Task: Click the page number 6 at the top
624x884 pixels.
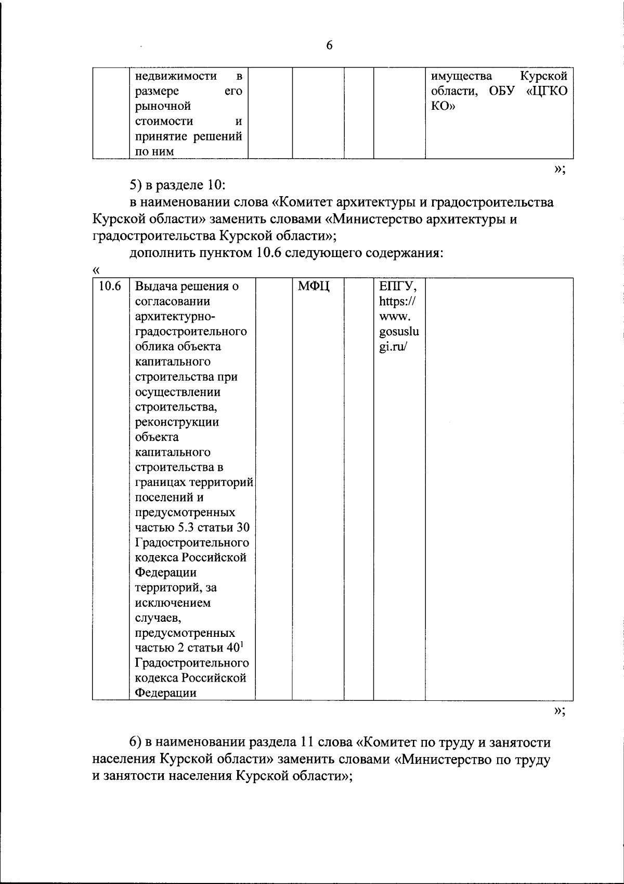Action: click(x=329, y=46)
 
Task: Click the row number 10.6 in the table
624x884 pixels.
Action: click(x=110, y=286)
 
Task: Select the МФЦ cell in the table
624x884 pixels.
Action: click(x=315, y=286)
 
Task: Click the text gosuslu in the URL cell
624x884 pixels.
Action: click(x=399, y=331)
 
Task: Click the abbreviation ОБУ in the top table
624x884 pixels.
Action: click(x=502, y=92)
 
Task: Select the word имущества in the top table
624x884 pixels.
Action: click(x=461, y=76)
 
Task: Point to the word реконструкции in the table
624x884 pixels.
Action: click(x=177, y=422)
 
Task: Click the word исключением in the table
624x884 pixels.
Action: click(x=173, y=603)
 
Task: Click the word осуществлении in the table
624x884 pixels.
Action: click(x=177, y=392)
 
